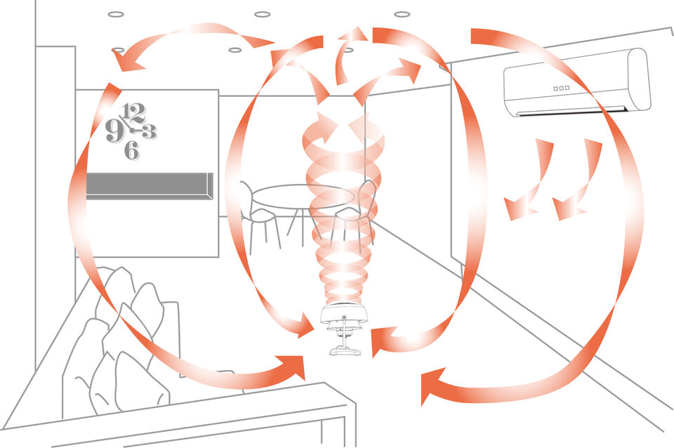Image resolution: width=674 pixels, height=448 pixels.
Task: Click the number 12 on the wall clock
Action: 133,113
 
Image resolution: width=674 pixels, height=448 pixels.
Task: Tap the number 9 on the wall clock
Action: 114,131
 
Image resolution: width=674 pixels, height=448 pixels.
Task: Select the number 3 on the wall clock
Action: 149,131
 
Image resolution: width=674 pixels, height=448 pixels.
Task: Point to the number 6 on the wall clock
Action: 132,151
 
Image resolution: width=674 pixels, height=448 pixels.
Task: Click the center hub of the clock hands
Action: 132,130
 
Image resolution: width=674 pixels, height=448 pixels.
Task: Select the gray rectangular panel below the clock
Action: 150,186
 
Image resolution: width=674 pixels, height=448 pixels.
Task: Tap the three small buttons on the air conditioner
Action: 562,88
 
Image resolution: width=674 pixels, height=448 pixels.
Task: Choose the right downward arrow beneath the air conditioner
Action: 579,180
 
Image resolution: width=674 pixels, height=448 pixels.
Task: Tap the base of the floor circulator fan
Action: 344,352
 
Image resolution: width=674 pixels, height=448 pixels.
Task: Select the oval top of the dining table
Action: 303,196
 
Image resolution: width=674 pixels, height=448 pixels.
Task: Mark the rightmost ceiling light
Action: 402,14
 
